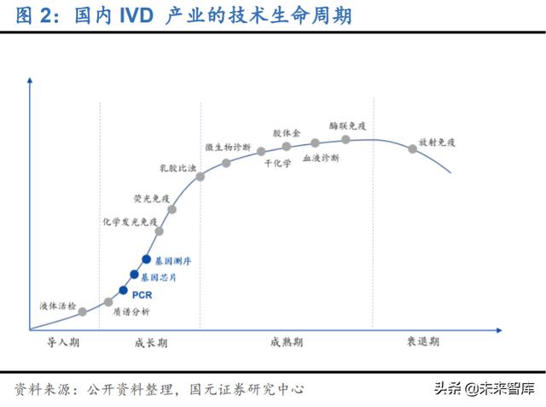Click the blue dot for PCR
124,290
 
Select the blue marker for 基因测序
146,259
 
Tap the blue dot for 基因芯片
134,274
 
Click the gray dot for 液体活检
83,312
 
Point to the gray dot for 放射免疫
413,148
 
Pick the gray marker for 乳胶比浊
200,177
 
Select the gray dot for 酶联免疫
346,139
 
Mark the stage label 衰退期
422,342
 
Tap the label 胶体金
287,134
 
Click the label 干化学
277,163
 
